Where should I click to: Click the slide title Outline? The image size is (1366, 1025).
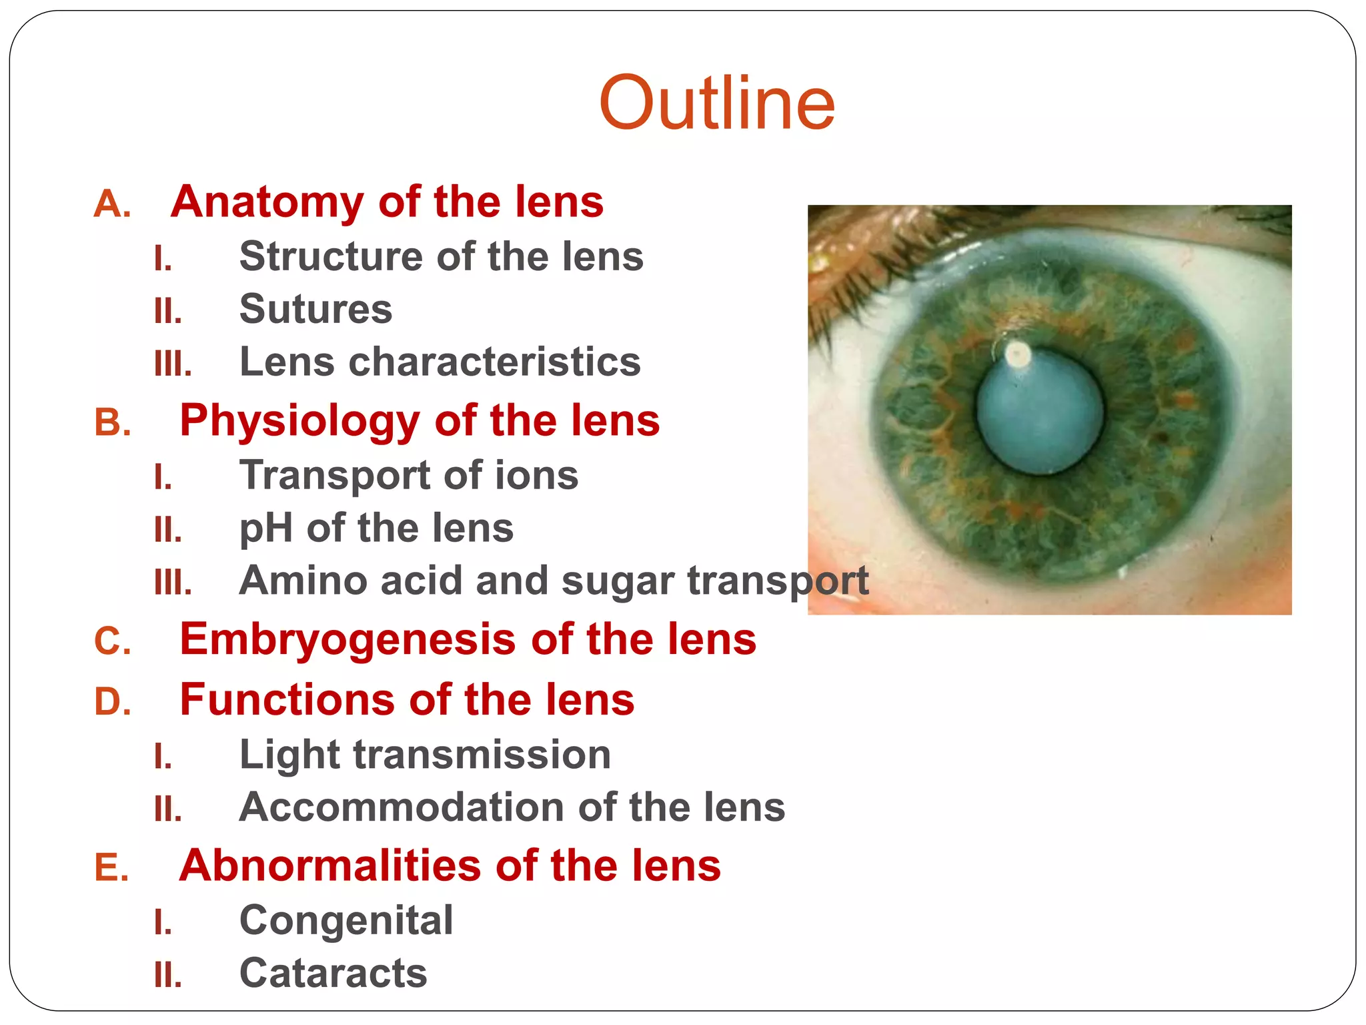click(716, 103)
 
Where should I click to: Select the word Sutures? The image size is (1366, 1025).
click(315, 309)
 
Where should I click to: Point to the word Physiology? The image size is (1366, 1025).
click(299, 420)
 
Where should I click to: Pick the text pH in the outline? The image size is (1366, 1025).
click(265, 529)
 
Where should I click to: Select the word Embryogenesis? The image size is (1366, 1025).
click(348, 639)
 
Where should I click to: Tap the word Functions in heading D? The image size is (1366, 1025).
click(287, 700)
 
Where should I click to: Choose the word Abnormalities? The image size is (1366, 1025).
click(330, 866)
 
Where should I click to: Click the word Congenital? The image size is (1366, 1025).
click(346, 920)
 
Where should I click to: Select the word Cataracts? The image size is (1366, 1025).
click(333, 973)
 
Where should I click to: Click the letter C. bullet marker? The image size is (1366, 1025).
click(112, 641)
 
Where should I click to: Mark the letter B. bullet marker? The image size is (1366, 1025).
click(112, 422)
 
